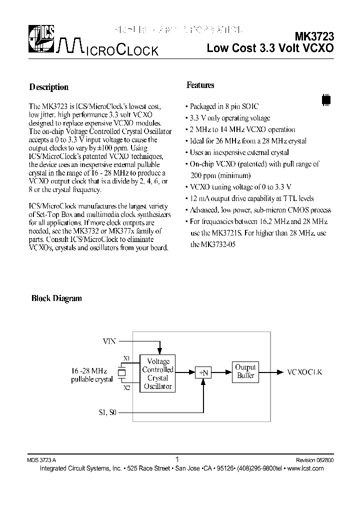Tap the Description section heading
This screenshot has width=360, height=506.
pos(49,87)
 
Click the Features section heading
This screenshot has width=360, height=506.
pos(200,85)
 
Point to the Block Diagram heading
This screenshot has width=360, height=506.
pos(56,298)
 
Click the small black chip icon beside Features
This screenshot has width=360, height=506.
pos(326,99)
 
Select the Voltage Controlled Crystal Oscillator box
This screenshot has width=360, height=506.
pos(157,373)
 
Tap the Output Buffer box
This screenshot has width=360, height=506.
pos(245,371)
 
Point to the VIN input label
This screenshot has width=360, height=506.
pos(109,341)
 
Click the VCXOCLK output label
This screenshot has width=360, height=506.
pos(305,372)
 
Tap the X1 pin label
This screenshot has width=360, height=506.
pos(126,358)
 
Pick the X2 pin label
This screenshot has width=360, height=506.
pos(126,387)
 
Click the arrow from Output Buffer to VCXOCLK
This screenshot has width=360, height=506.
pos(270,372)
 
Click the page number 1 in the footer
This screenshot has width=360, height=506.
pos(177,459)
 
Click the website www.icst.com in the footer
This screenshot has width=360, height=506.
pos(306,468)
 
